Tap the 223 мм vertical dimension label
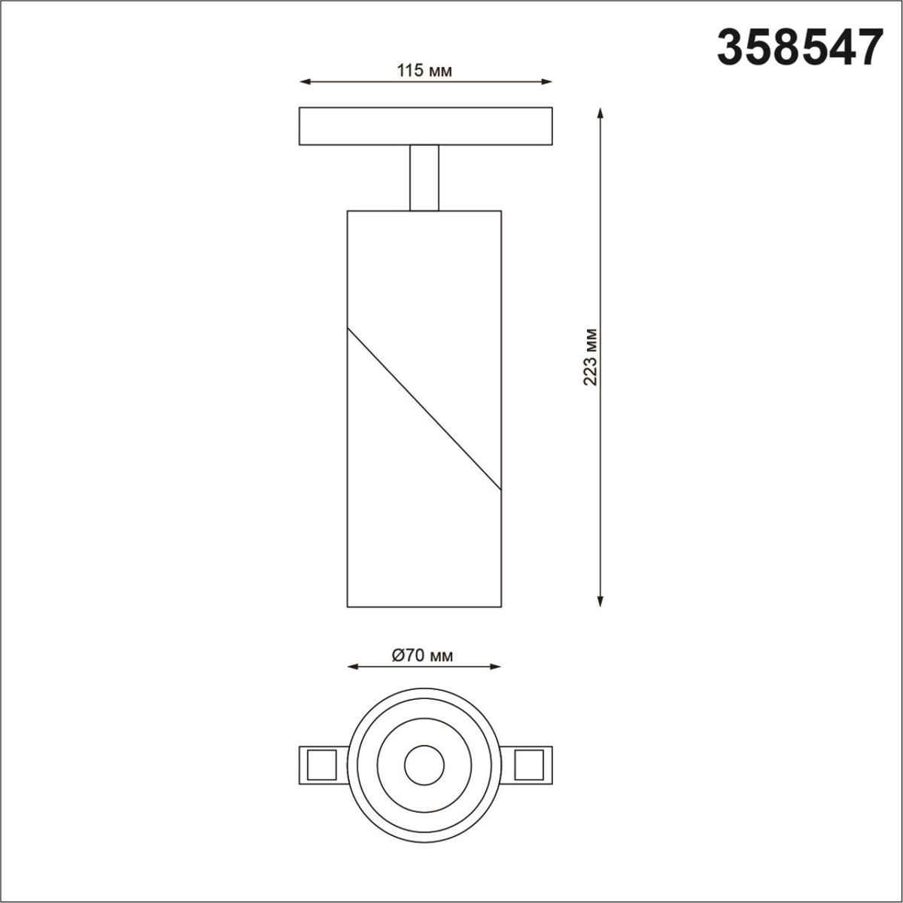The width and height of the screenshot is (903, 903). pyautogui.click(x=591, y=357)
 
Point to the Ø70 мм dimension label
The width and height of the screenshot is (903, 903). pyautogui.click(x=423, y=655)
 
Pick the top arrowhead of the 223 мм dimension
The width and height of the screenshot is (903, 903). pyautogui.click(x=600, y=112)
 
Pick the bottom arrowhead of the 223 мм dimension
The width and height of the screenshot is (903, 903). pyautogui.click(x=600, y=601)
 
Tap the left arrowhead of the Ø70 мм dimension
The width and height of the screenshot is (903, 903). pyautogui.click(x=351, y=666)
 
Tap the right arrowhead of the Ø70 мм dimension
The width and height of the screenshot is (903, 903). pyautogui.click(x=497, y=666)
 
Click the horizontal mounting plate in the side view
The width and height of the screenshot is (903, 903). pyautogui.click(x=425, y=126)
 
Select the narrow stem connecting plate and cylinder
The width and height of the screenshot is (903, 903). pyautogui.click(x=424, y=178)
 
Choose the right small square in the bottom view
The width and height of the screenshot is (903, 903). pyautogui.click(x=529, y=765)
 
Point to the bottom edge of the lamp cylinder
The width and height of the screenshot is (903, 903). pyautogui.click(x=424, y=607)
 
